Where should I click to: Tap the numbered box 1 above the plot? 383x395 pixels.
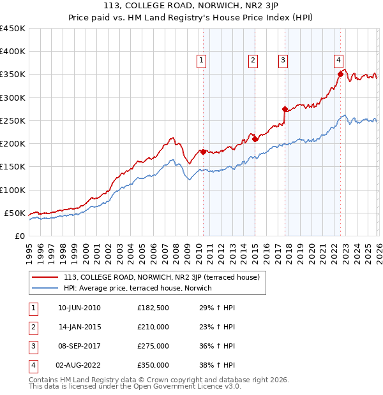201,61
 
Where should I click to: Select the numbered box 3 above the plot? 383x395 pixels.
282,61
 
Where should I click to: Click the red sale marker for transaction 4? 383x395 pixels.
340,74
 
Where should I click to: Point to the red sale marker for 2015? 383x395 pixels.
255,139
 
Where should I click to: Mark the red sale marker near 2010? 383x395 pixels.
203,152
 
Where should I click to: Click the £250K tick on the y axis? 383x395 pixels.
13,120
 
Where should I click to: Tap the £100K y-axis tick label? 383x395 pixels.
13,190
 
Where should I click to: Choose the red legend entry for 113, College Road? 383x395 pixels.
161,277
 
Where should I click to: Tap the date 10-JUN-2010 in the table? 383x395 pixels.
79,308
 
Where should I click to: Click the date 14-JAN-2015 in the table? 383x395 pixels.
79,327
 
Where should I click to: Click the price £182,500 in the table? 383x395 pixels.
153,308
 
